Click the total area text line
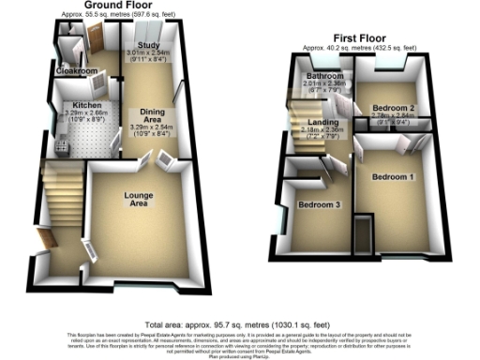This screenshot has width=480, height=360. tap(239, 321)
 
